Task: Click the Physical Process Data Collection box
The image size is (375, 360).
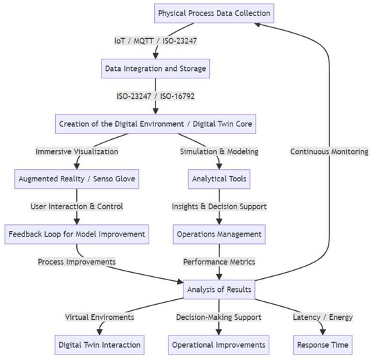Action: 214,13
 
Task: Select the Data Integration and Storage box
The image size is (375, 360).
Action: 155,69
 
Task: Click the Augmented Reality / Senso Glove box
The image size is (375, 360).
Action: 76,179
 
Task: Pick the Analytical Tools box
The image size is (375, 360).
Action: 218,179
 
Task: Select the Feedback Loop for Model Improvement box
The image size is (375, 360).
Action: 76,234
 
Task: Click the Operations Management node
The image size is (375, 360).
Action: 218,234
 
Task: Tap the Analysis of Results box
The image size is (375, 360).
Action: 218,290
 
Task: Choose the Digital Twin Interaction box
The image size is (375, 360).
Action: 100,345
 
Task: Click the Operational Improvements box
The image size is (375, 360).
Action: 218,345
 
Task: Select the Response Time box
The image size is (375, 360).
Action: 322,345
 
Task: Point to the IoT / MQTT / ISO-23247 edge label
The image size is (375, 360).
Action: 155,41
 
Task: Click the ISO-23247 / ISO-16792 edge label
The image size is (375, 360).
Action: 155,96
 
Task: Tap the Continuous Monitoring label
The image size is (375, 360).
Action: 329,151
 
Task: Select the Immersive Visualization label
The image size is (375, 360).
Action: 76,151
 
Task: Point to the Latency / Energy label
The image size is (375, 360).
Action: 322,317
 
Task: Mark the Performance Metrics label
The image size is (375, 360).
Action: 218,262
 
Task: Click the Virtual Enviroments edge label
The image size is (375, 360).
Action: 100,317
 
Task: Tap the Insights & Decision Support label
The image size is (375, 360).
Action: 218,207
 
